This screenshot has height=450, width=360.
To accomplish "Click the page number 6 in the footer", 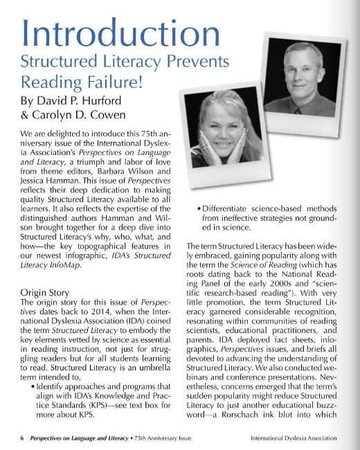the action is [22, 438].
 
